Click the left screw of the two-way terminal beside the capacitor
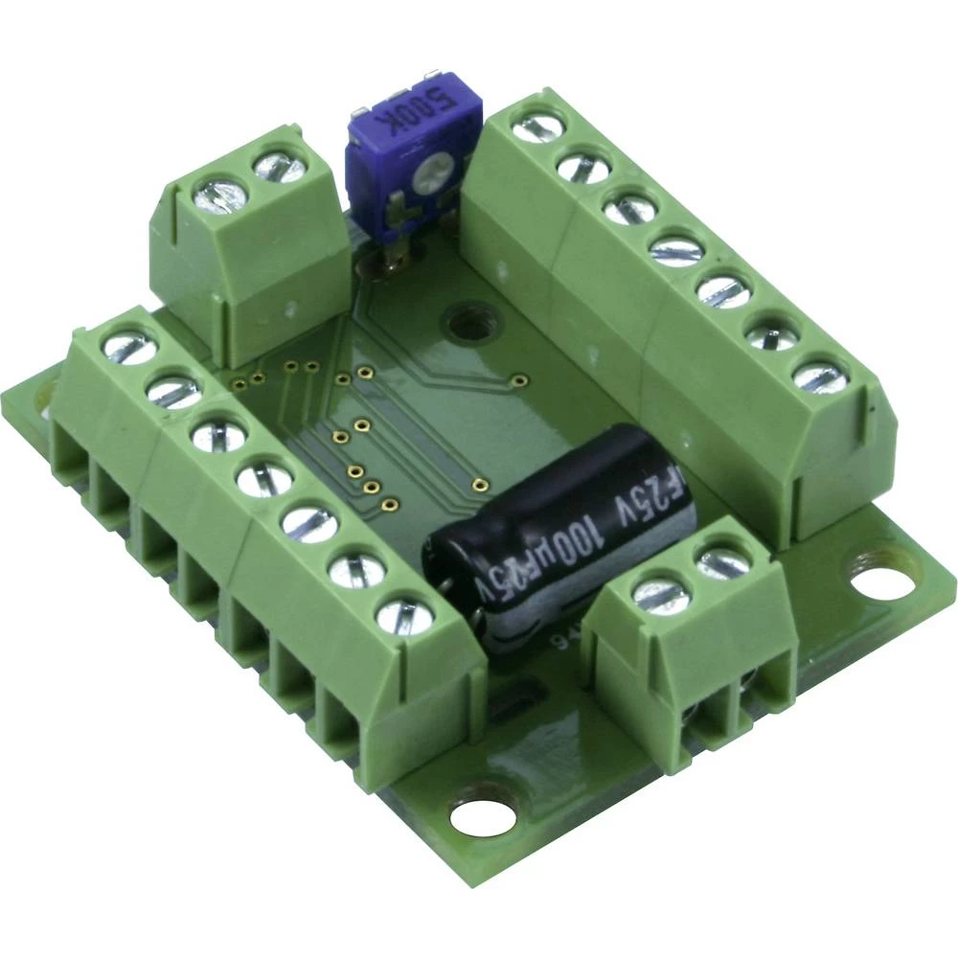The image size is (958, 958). [x=661, y=595]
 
